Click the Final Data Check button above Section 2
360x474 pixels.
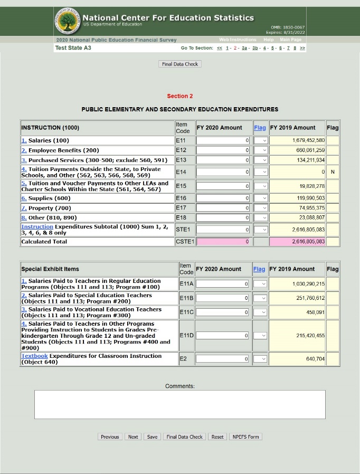pyautogui.click(x=180, y=64)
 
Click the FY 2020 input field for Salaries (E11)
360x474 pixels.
pyautogui.click(x=223, y=140)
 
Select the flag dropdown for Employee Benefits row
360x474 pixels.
pyautogui.click(x=261, y=150)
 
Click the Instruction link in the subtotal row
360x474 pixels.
pyautogui.click(x=37, y=227)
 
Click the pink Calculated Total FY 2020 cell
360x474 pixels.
pyautogui.click(x=223, y=242)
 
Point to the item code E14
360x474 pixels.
pyautogui.click(x=181, y=172)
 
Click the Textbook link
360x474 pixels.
pyautogui.click(x=34, y=356)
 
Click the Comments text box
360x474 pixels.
pyautogui.click(x=179, y=404)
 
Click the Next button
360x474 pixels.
pyautogui.click(x=133, y=437)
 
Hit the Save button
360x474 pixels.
pyautogui.click(x=152, y=437)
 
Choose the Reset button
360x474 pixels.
pyautogui.click(x=217, y=437)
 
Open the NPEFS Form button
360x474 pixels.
pyautogui.click(x=246, y=437)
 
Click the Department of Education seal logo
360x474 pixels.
pyautogui.click(x=67, y=21)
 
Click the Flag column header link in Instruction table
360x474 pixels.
pyautogui.click(x=260, y=128)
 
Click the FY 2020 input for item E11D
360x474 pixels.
pyautogui.click(x=223, y=335)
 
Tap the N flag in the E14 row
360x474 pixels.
pyautogui.click(x=333, y=172)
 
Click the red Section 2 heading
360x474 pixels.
pyautogui.click(x=180, y=96)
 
